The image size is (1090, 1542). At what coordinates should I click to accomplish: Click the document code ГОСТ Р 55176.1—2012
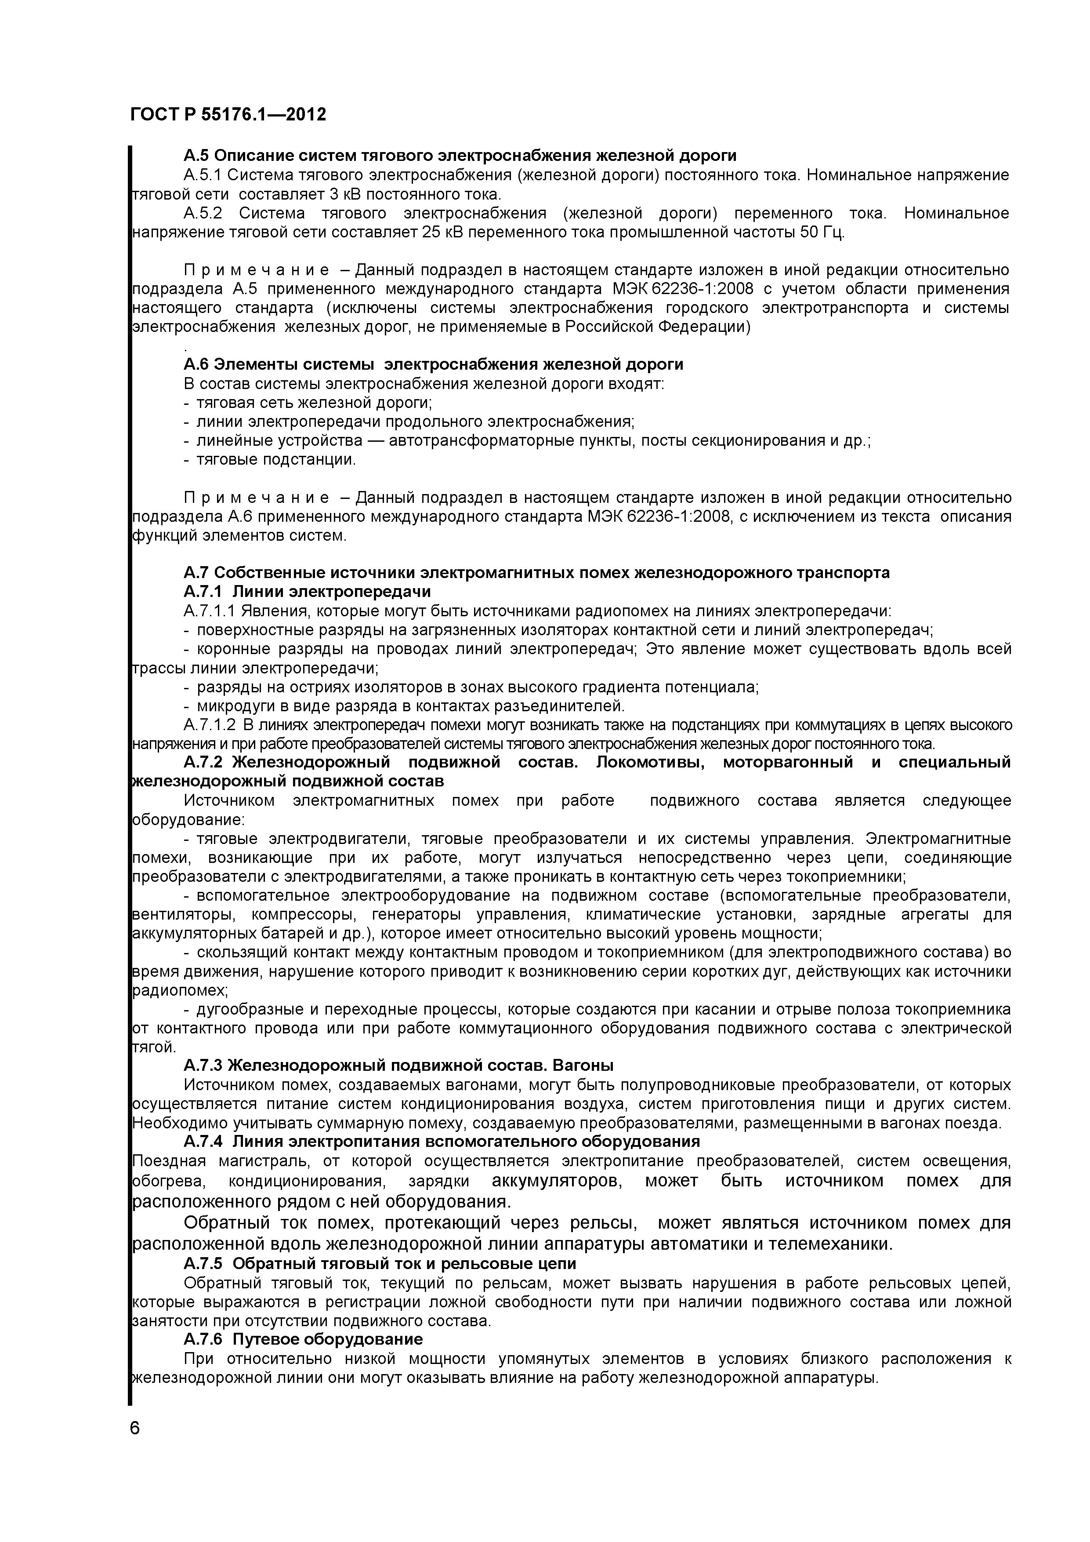pyautogui.click(x=228, y=115)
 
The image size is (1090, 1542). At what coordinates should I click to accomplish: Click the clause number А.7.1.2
pyautogui.click(x=210, y=725)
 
